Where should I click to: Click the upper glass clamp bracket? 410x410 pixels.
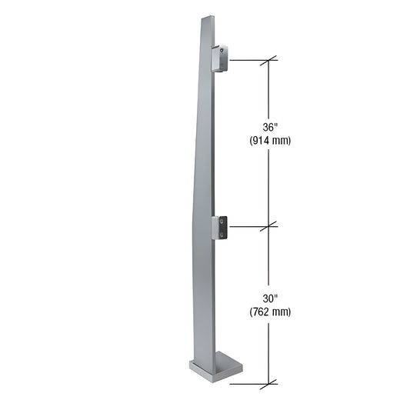pyautogui.click(x=219, y=58)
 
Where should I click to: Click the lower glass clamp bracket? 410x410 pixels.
pyautogui.click(x=220, y=227)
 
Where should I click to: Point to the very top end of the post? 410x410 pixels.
pyautogui.click(x=207, y=17)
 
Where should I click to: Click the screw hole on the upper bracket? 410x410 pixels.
pyautogui.click(x=223, y=52)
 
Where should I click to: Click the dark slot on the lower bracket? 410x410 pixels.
pyautogui.click(x=223, y=225)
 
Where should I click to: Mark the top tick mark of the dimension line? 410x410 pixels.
pyautogui.click(x=268, y=60)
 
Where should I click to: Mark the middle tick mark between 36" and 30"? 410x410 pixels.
pyautogui.click(x=268, y=227)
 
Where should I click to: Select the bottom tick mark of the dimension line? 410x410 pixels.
pyautogui.click(x=268, y=383)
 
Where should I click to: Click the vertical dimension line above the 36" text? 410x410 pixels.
pyautogui.click(x=268, y=92)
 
